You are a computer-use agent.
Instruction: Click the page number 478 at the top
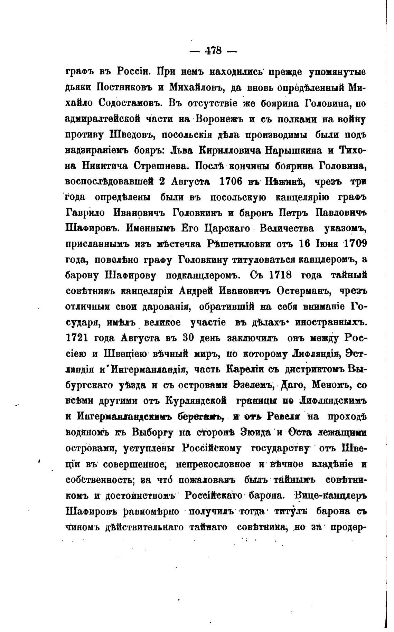[213, 51]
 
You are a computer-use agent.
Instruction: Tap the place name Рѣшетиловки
[238, 244]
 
